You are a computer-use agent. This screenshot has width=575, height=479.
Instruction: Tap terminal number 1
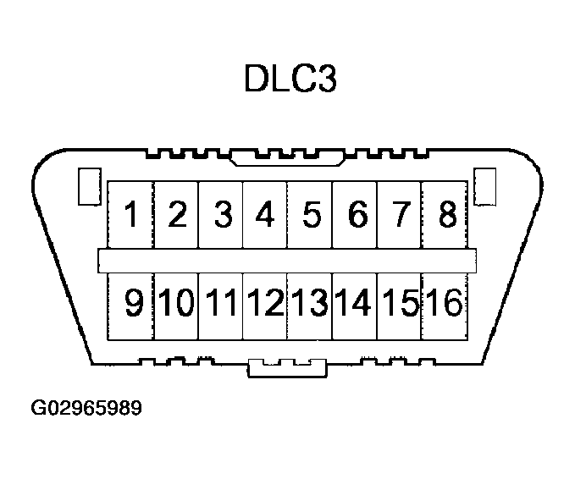(132, 215)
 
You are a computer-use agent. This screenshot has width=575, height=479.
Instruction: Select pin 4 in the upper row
(265, 215)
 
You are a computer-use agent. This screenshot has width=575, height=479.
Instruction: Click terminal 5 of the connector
(311, 215)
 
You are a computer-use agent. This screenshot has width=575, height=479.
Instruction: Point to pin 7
(400, 215)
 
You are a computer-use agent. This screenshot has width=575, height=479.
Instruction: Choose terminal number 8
(445, 215)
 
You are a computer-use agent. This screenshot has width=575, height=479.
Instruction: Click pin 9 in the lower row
(134, 303)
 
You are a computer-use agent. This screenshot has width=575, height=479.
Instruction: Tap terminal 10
(176, 303)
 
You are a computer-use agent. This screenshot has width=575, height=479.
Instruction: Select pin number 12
(265, 303)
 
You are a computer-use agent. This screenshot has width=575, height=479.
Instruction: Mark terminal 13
(310, 303)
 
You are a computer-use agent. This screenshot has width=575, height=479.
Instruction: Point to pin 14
(354, 303)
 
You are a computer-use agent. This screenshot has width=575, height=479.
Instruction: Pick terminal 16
(444, 303)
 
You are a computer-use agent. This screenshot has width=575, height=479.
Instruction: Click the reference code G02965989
(86, 410)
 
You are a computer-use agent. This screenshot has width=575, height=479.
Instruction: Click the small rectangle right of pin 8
(485, 187)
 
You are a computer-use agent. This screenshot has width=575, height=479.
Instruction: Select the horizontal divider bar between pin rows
(287, 260)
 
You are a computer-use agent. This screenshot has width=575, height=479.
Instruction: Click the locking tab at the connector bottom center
(287, 369)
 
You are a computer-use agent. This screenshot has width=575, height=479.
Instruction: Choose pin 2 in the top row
(177, 215)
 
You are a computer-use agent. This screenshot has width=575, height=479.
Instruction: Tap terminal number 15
(399, 303)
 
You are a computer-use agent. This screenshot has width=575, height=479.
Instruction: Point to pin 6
(356, 215)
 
